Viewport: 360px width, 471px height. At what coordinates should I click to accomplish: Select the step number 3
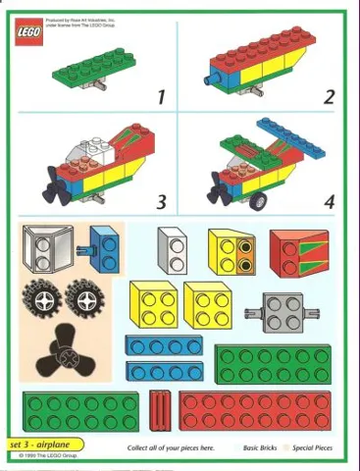161,203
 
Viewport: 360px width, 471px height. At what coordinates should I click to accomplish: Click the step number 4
330,203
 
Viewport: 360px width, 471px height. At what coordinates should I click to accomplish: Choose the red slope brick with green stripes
298,253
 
